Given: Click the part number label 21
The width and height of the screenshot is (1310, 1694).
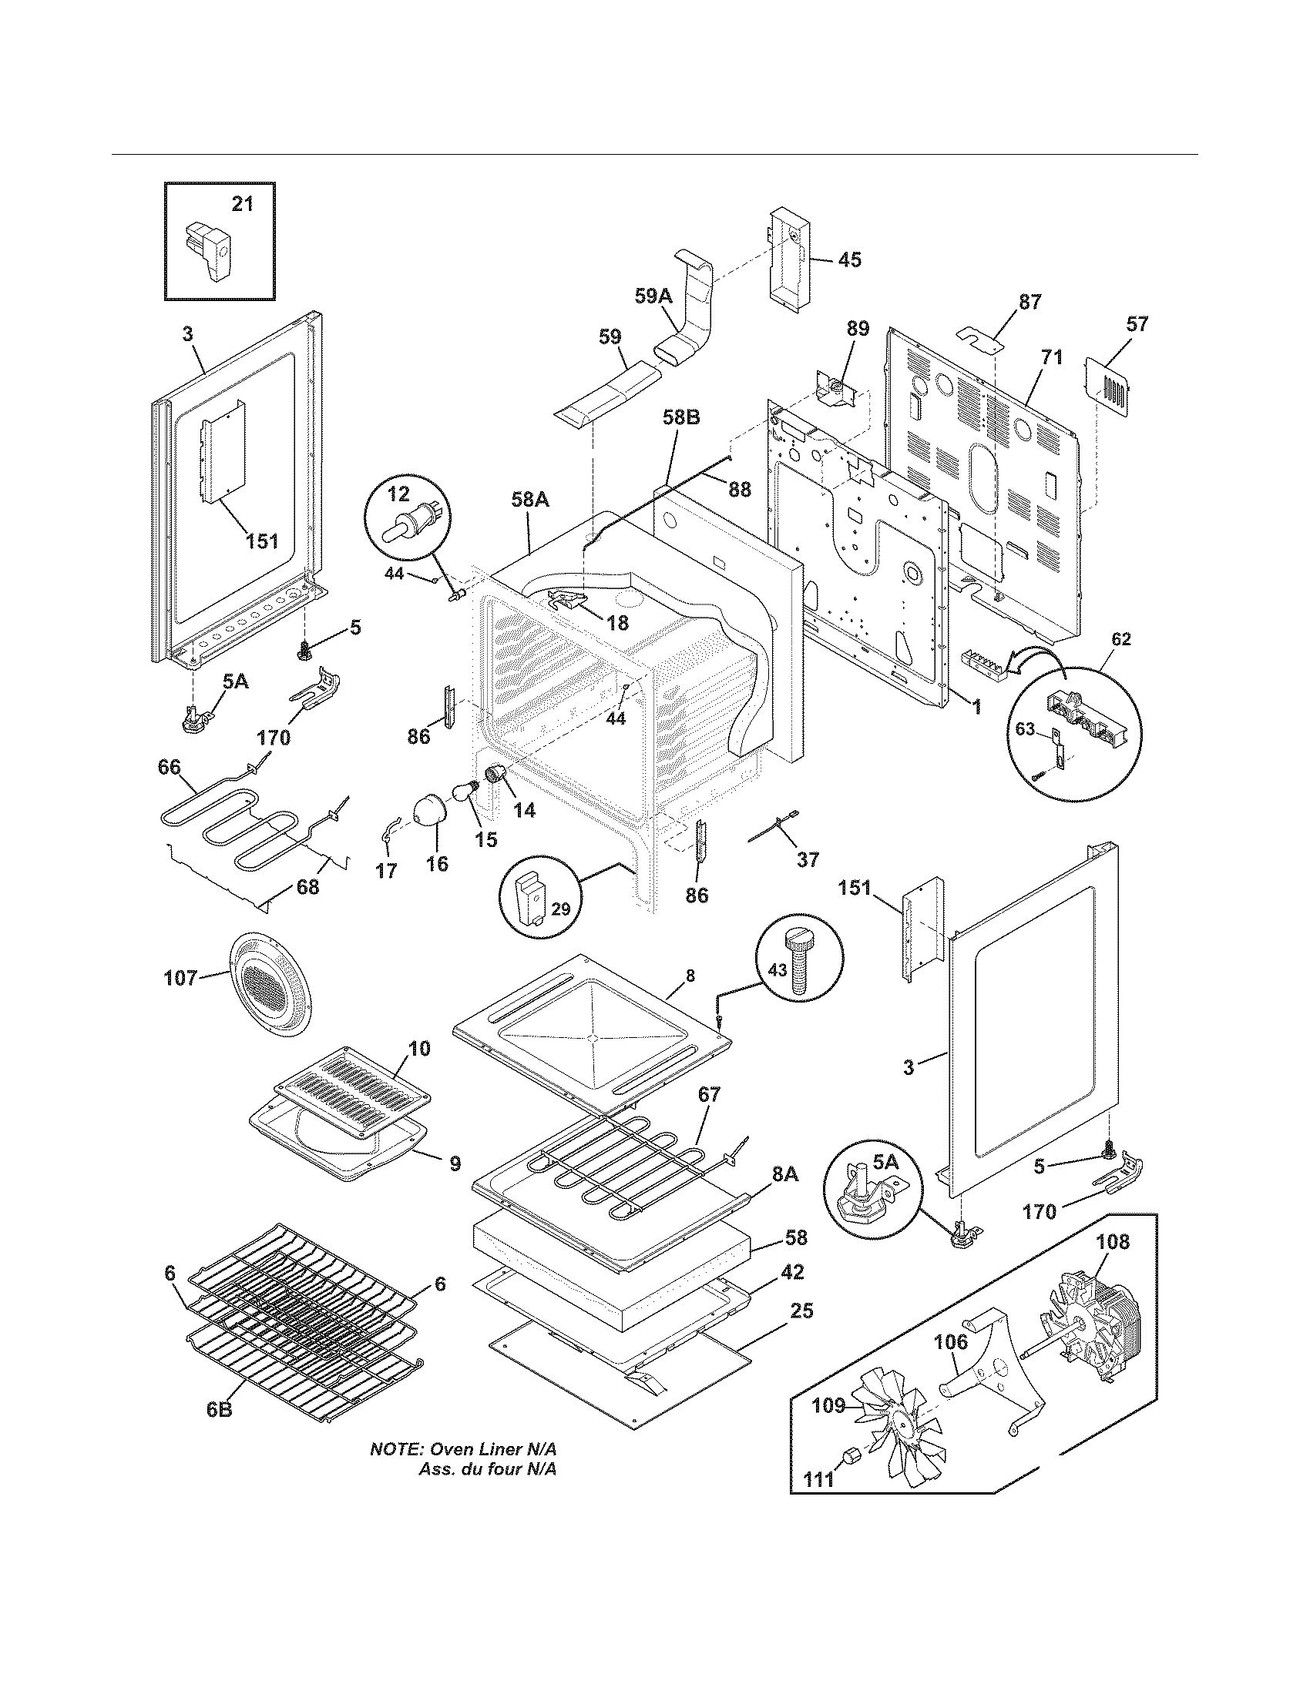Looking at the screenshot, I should click(243, 204).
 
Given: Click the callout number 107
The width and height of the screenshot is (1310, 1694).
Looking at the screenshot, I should click(181, 979).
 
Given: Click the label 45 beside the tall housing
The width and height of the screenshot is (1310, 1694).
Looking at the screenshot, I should click(850, 259).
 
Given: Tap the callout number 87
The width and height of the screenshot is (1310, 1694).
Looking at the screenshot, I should click(1030, 303).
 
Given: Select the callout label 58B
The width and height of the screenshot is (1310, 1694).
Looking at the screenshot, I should click(681, 418).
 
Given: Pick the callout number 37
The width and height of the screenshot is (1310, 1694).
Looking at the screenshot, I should click(808, 859).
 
